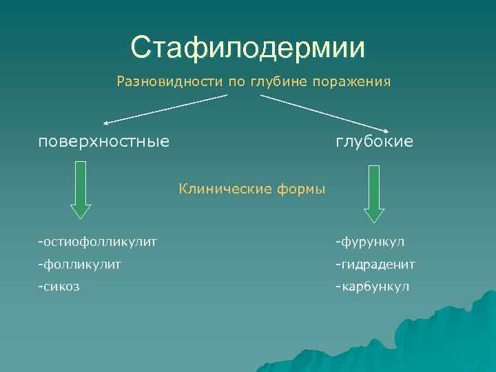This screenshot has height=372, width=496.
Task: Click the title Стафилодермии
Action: click(x=248, y=48)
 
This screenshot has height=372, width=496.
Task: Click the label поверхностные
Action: click(x=103, y=141)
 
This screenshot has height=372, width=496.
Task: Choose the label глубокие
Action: click(x=374, y=141)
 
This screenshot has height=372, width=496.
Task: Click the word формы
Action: click(x=302, y=188)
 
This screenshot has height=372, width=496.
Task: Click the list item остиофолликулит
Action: click(x=98, y=242)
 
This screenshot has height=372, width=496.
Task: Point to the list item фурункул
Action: click(x=370, y=242)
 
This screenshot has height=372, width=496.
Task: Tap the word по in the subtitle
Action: click(x=236, y=82)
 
